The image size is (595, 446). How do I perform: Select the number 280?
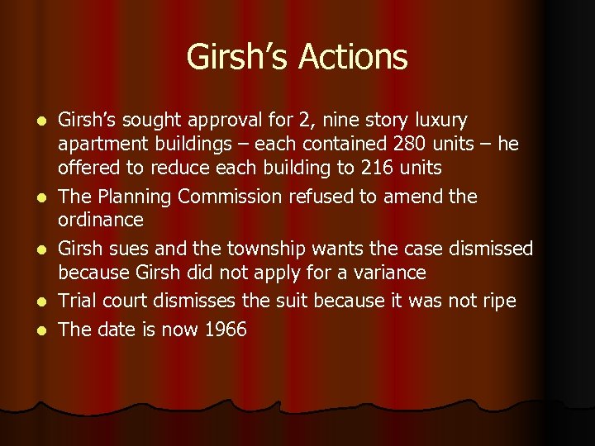coord(411,145)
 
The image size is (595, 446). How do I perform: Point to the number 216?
coord(376,168)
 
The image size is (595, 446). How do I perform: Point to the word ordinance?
coord(100,221)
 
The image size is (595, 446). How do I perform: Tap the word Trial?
coord(79,301)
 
